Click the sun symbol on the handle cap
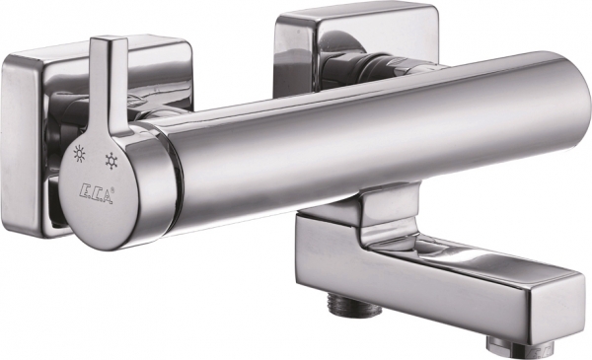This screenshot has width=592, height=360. coord(80,153)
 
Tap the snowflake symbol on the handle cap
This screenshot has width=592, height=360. coord(111,161)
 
